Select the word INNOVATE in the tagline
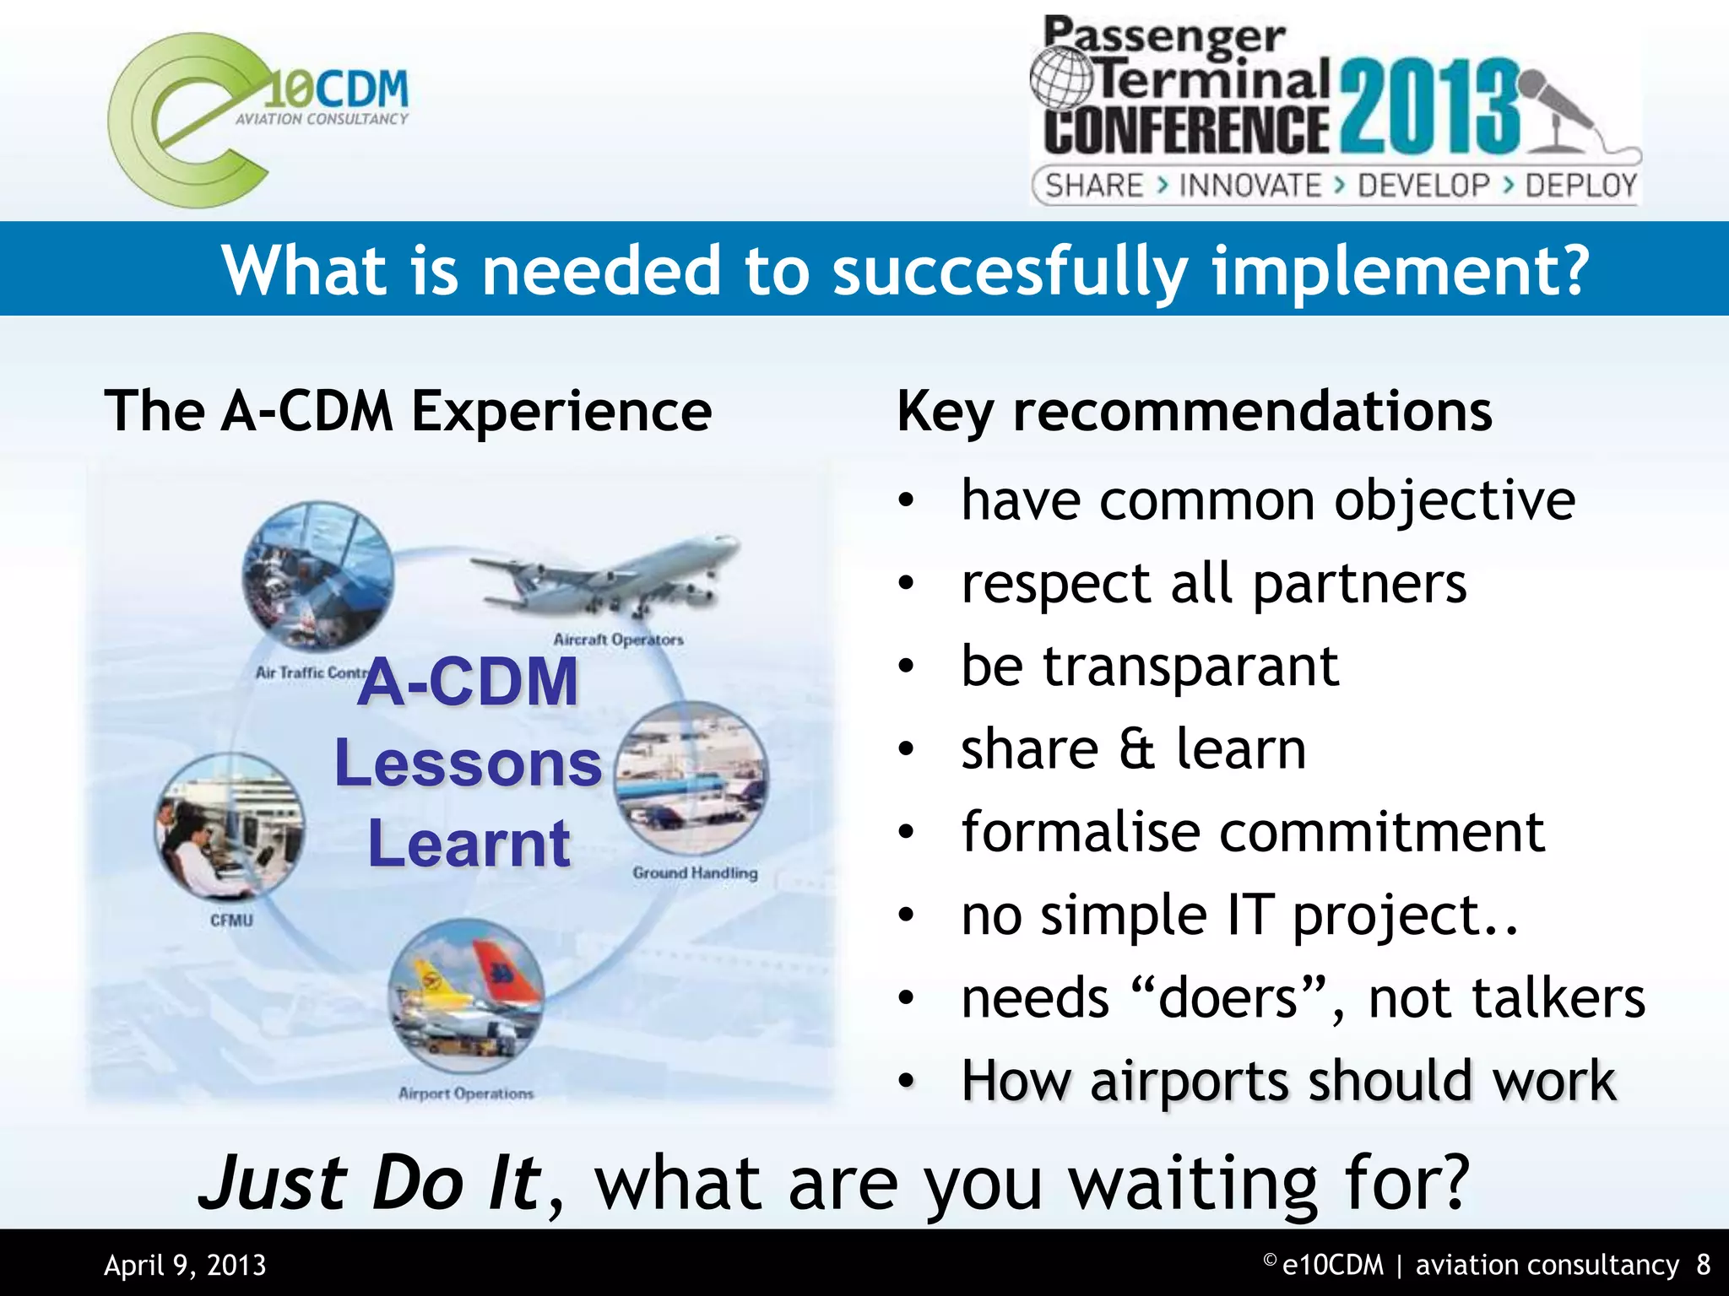(1249, 186)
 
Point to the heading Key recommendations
(1194, 412)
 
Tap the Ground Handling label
(695, 873)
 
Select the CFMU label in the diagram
(231, 920)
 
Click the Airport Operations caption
(466, 1093)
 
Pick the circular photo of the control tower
(318, 575)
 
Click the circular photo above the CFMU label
(230, 825)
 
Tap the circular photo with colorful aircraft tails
(466, 996)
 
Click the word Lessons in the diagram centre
(468, 764)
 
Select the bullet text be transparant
(1150, 667)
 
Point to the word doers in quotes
(1228, 999)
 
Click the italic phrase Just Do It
(370, 1183)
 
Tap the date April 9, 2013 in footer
(185, 1266)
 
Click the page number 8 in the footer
(1703, 1265)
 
